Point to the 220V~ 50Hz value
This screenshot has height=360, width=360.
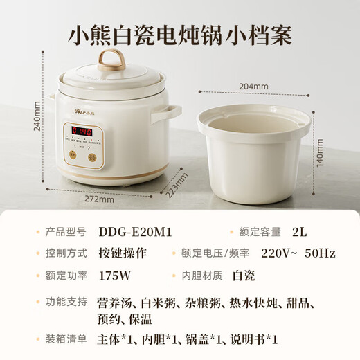[297, 254]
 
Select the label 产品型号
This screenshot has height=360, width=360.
[66, 233]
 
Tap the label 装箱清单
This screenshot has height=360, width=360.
[66, 339]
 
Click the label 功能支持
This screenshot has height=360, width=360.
[66, 303]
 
